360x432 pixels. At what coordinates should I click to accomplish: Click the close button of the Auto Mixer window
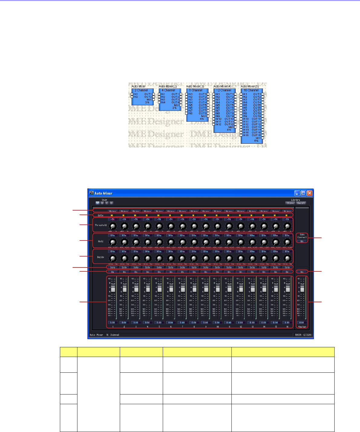(x=309, y=193)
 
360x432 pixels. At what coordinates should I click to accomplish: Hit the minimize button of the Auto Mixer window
(x=298, y=193)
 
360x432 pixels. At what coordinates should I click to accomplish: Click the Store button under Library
(x=290, y=203)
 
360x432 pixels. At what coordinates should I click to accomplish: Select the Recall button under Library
(x=301, y=203)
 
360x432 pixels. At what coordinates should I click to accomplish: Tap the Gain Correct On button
(x=302, y=241)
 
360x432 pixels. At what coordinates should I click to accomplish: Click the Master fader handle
(x=302, y=288)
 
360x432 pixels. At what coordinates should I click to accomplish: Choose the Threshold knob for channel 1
(x=113, y=226)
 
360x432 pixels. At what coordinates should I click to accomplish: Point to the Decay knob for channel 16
(x=287, y=259)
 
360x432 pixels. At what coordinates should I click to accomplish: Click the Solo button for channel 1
(x=113, y=267)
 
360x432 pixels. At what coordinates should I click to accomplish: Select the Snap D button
(x=111, y=203)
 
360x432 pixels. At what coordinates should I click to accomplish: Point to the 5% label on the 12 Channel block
(x=229, y=130)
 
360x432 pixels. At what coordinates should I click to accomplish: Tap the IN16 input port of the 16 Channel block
(x=241, y=135)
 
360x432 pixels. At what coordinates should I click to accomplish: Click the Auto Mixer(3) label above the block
(x=195, y=87)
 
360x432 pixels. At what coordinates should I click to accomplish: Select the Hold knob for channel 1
(x=113, y=242)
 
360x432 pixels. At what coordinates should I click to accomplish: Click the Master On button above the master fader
(x=302, y=272)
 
